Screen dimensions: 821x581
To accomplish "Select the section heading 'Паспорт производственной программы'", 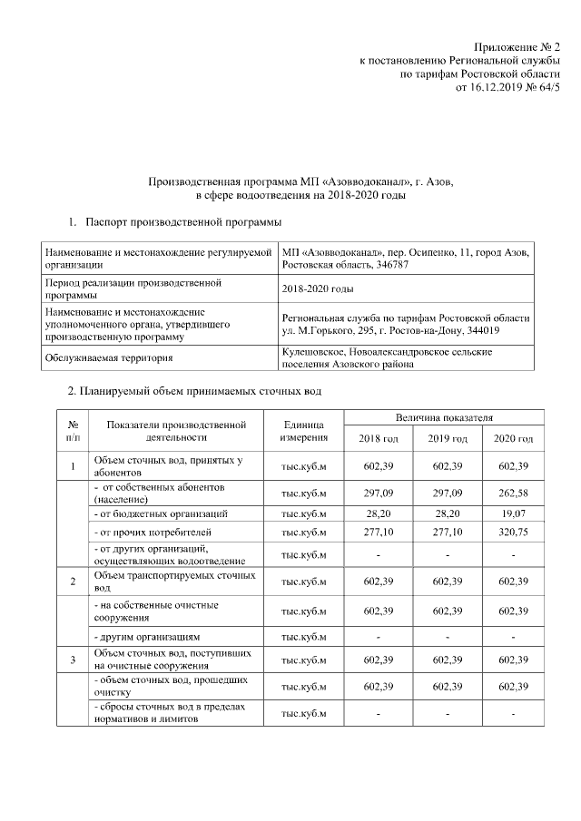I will point(182,222).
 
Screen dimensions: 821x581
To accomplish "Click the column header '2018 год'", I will point(379,438).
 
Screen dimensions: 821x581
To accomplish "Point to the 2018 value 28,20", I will point(379,513).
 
